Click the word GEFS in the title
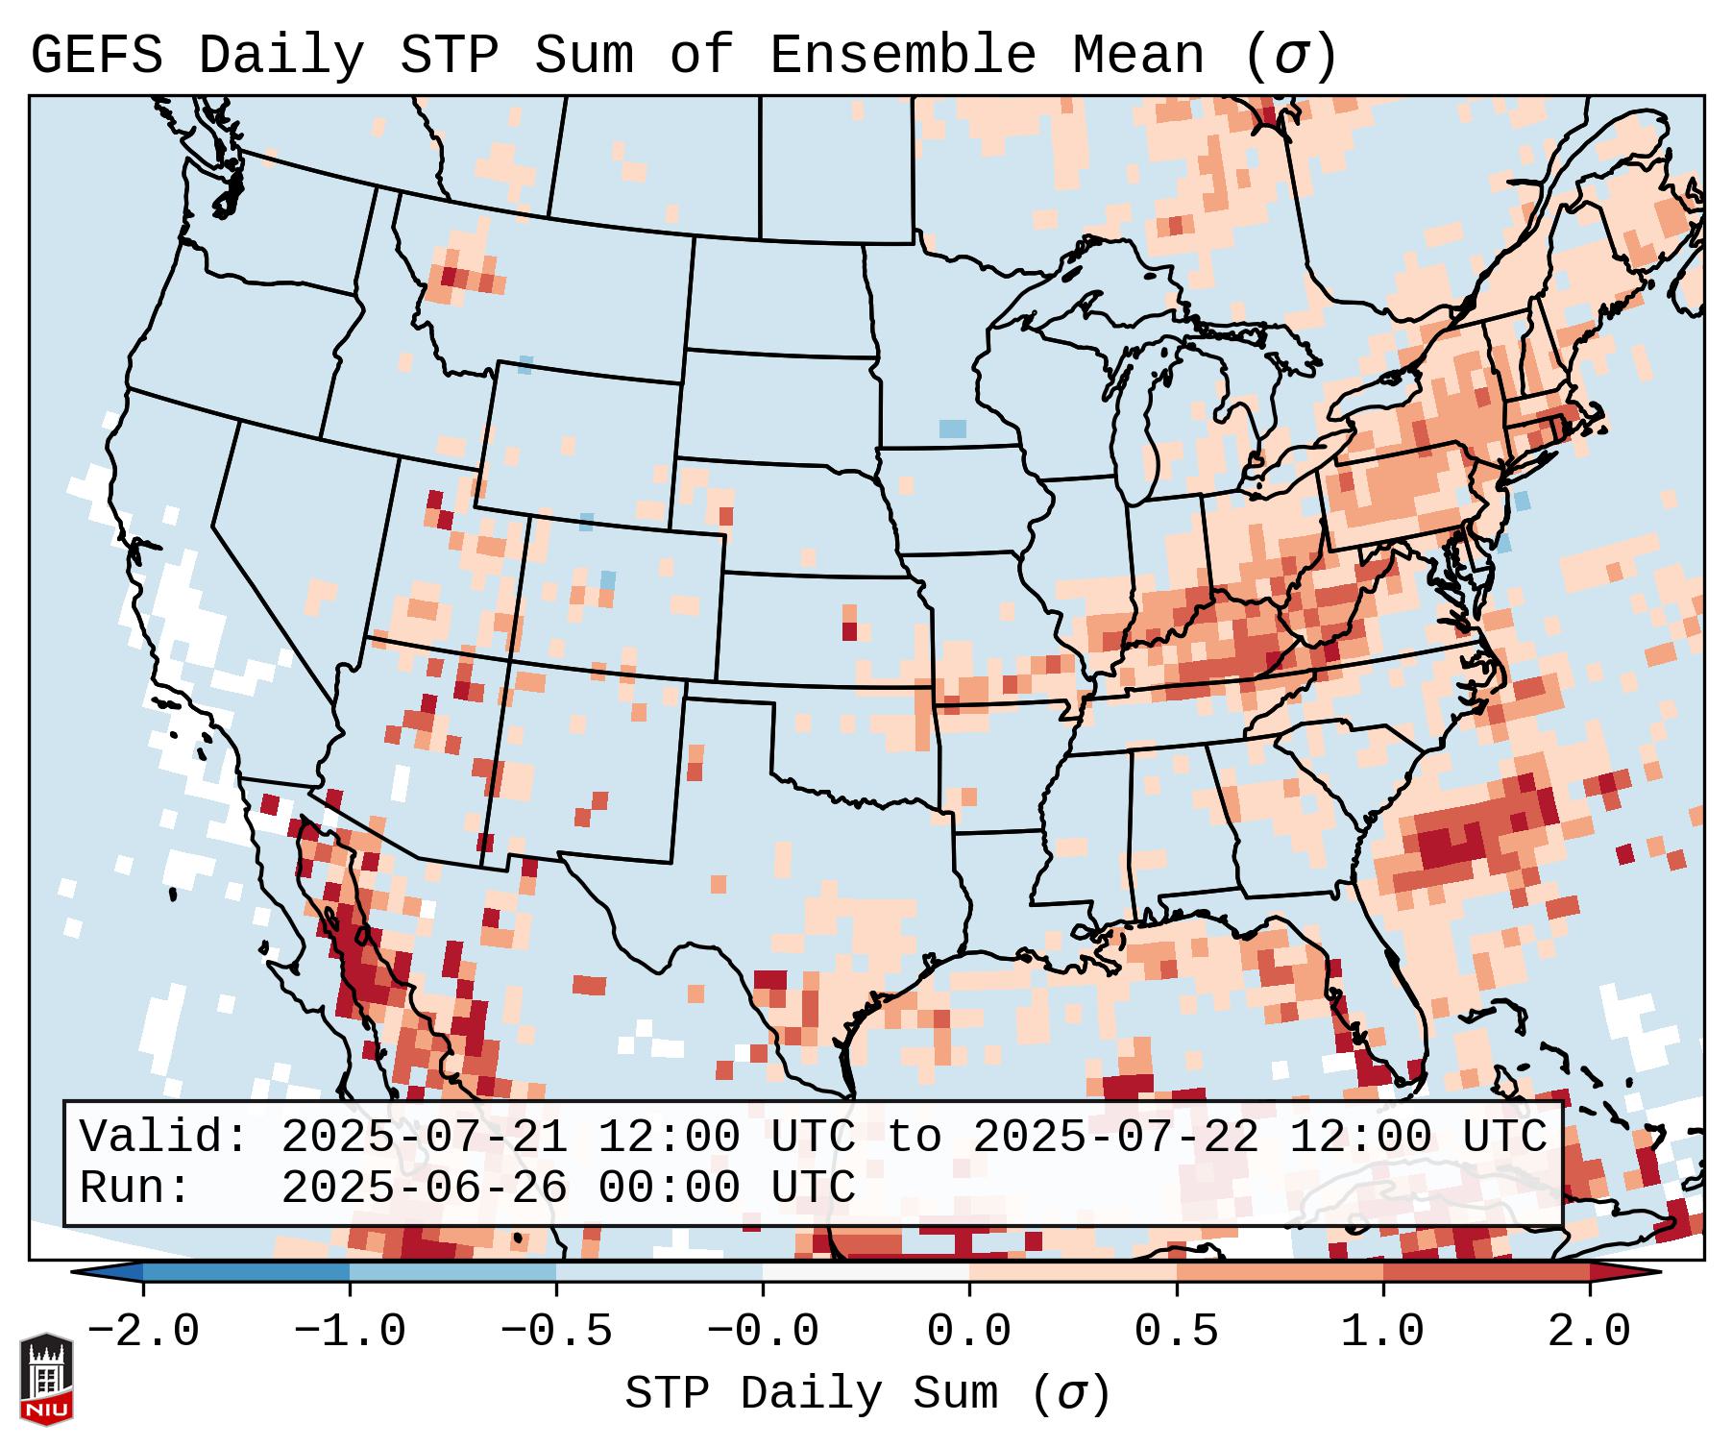[x=96, y=56]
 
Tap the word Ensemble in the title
[x=903, y=56]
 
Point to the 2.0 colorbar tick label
[x=1589, y=1332]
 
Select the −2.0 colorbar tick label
[x=143, y=1332]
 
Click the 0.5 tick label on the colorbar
[x=1176, y=1332]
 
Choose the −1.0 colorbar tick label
[x=350, y=1332]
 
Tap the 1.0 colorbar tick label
[x=1382, y=1332]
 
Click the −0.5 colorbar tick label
[x=556, y=1332]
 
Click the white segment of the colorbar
[x=866, y=1272]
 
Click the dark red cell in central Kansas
[x=849, y=631]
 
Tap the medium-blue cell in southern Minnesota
[x=953, y=429]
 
